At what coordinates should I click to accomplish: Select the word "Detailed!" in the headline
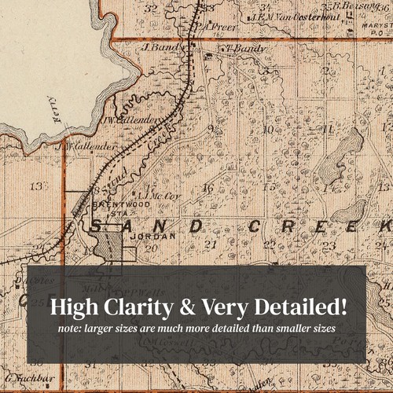pos(308,304)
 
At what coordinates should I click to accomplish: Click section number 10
pos(267,128)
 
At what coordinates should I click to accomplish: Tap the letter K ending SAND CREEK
pos(384,227)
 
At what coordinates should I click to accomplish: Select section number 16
pos(208,188)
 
